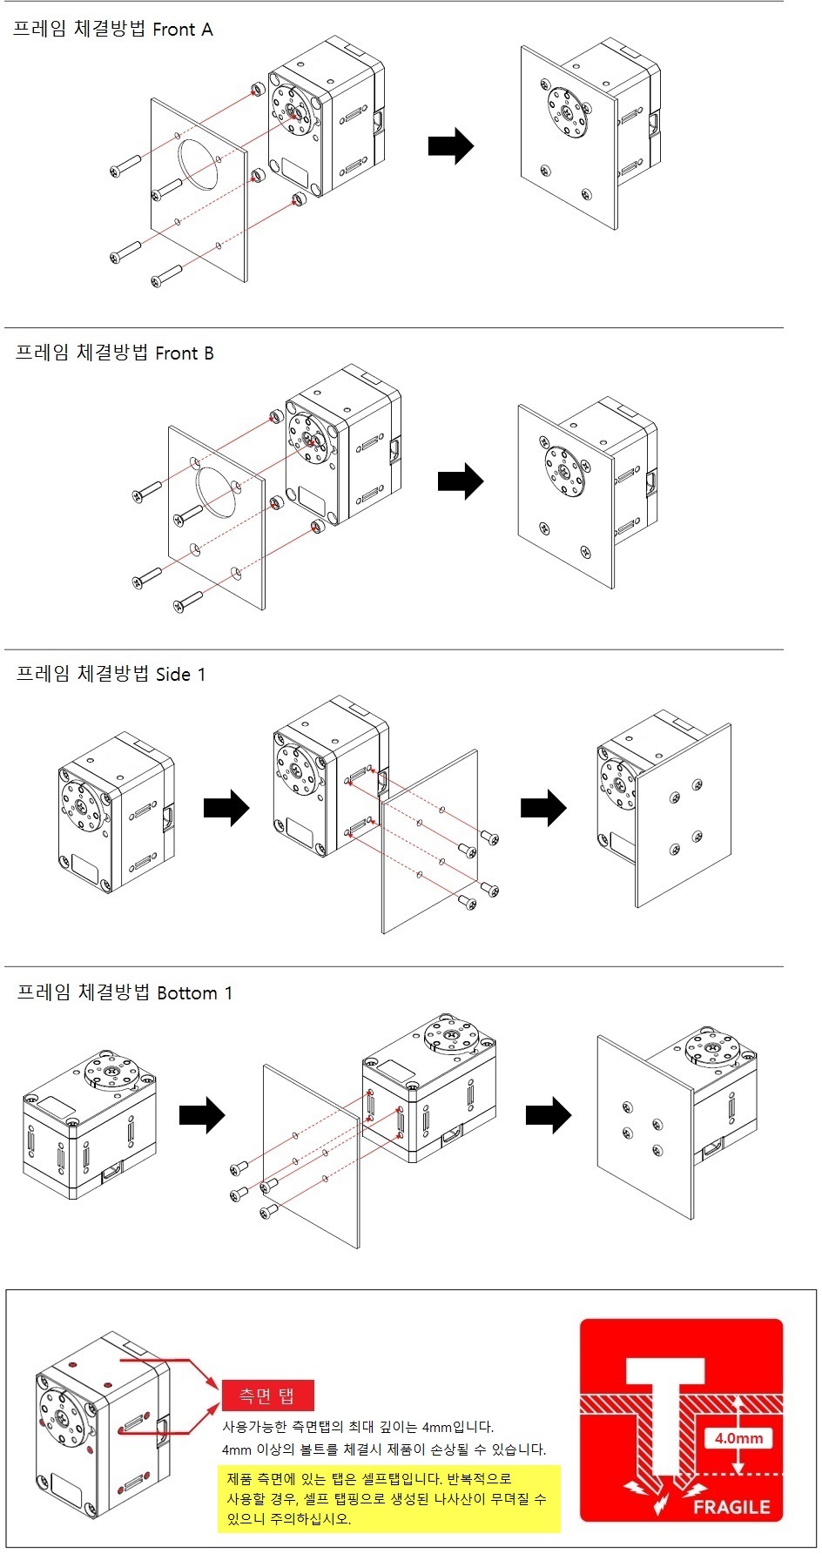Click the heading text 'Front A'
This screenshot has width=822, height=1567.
click(182, 30)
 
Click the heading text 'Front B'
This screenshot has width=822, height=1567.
click(184, 353)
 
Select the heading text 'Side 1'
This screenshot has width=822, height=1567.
click(180, 674)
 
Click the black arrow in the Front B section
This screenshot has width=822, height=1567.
click(460, 481)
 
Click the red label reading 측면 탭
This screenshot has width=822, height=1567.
click(266, 1396)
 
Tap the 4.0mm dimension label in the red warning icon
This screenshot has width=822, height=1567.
click(738, 1438)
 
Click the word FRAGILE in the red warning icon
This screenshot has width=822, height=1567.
click(731, 1507)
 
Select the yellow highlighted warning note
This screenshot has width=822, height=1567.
click(388, 1498)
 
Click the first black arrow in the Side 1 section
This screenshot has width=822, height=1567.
click(226, 808)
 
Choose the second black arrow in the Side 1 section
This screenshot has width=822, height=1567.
click(543, 808)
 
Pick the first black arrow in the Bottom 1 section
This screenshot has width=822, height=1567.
click(202, 1114)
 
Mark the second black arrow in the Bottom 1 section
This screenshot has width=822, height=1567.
click(549, 1114)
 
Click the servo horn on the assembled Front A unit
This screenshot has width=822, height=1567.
click(567, 111)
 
